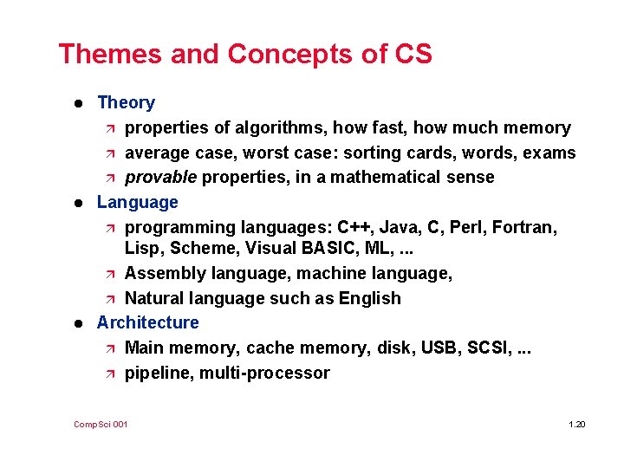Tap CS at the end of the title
click(x=412, y=54)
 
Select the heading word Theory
click(x=126, y=102)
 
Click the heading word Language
click(x=137, y=202)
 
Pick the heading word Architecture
click(x=147, y=322)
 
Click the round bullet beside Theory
click(x=78, y=103)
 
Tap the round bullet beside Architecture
click(x=78, y=323)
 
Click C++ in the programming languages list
click(x=354, y=227)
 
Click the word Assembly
click(x=161, y=273)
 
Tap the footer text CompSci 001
click(x=101, y=424)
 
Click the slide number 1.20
click(x=576, y=424)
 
